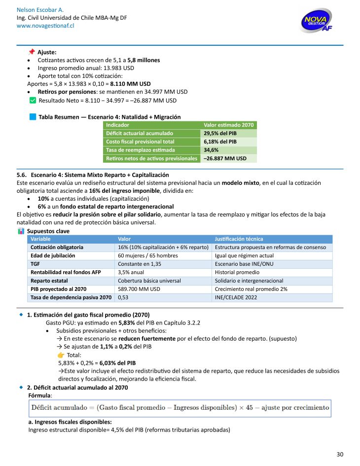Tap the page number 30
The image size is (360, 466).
coord(340,454)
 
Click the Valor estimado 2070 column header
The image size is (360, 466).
coord(229,125)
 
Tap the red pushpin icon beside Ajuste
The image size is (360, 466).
coord(32,52)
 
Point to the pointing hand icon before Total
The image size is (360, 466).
coord(61,355)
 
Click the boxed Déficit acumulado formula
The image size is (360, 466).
coord(179,408)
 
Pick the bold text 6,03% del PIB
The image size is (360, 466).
coord(117,363)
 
